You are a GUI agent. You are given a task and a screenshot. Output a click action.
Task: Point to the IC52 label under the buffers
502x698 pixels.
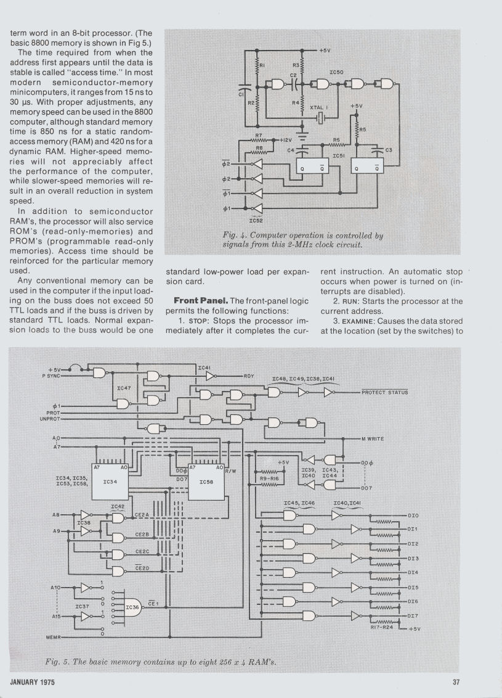pos(257,220)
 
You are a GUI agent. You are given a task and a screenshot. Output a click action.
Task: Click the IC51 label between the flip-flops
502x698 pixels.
pos(338,156)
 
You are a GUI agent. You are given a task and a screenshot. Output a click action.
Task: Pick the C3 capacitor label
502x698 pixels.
pos(389,149)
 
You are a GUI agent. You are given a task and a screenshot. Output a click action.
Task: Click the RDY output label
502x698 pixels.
pos(249,376)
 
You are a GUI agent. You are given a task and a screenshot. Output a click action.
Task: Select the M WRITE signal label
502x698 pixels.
pos(373,438)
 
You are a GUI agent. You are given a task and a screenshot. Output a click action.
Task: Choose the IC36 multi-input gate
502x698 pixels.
pos(134,607)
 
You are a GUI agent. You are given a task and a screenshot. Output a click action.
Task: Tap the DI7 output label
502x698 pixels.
pos(413,615)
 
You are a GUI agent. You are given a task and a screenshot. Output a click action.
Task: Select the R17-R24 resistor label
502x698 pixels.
pos(383,628)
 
